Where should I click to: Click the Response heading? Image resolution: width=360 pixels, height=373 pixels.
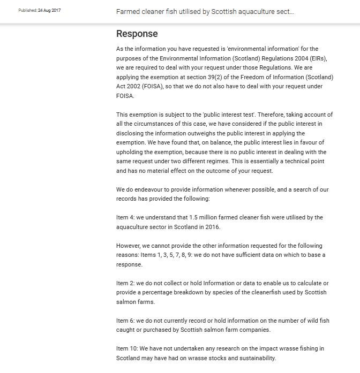pos(137,34)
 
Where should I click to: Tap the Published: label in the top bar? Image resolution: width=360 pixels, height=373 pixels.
pos(27,11)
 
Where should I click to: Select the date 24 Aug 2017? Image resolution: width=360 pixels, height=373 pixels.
pos(49,11)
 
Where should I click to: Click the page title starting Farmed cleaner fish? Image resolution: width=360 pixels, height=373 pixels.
pos(205,11)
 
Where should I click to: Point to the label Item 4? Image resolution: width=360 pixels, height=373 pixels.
pos(125,217)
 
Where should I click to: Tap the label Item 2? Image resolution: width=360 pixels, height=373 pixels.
pos(125,283)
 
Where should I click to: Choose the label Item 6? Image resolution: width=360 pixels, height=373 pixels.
pos(125,321)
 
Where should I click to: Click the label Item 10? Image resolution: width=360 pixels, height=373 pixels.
pos(127,348)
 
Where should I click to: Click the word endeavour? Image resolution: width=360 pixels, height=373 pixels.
pos(145,189)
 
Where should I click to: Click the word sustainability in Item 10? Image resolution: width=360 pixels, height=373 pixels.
pos(257,358)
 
